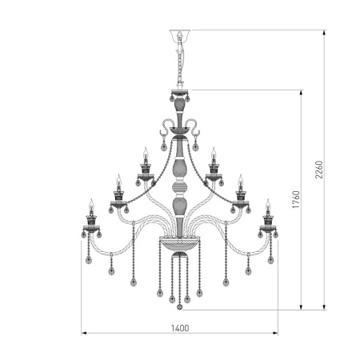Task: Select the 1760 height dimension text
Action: coord(294,200)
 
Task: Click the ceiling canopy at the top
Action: coord(179,35)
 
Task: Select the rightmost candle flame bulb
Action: coord(268,203)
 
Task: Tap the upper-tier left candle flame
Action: coord(145,152)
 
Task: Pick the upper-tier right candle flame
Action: coord(214,152)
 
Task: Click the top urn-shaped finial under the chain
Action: coord(179,104)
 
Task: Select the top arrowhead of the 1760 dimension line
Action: coord(301,91)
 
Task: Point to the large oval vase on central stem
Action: coord(179,170)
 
